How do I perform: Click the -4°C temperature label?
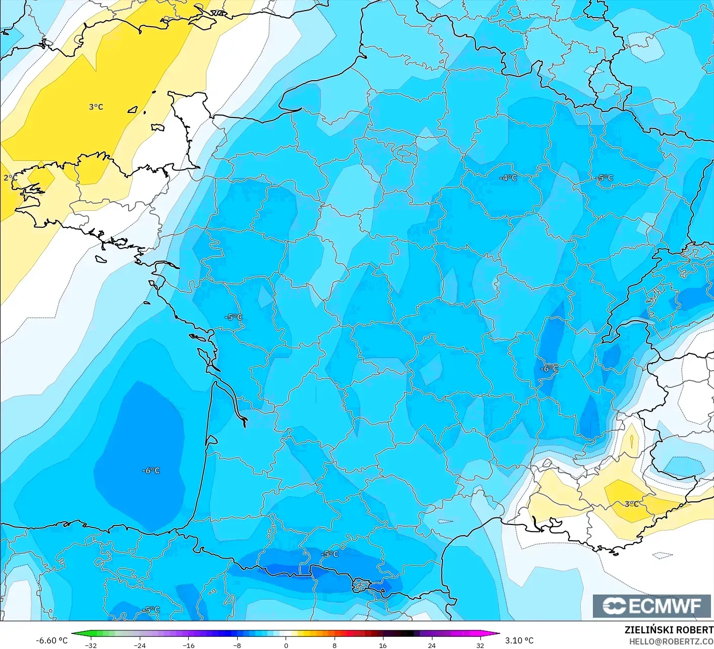tap(508, 178)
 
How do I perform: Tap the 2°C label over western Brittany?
tap(10, 178)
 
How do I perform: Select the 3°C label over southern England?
tap(96, 107)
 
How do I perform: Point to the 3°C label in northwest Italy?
tap(631, 504)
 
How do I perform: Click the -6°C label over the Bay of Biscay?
tap(151, 470)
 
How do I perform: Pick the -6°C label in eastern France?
tap(550, 369)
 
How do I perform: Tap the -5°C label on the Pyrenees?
tap(330, 554)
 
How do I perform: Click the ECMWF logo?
tap(651, 606)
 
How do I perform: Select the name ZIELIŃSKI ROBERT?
tap(669, 630)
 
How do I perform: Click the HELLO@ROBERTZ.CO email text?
tap(671, 641)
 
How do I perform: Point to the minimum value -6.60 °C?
tap(51, 640)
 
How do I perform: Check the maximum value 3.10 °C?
tap(519, 640)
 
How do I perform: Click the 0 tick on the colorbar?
tap(286, 645)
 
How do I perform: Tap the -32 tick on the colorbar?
tap(91, 645)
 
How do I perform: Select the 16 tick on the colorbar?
tap(383, 645)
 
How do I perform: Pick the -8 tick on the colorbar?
tap(237, 645)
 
